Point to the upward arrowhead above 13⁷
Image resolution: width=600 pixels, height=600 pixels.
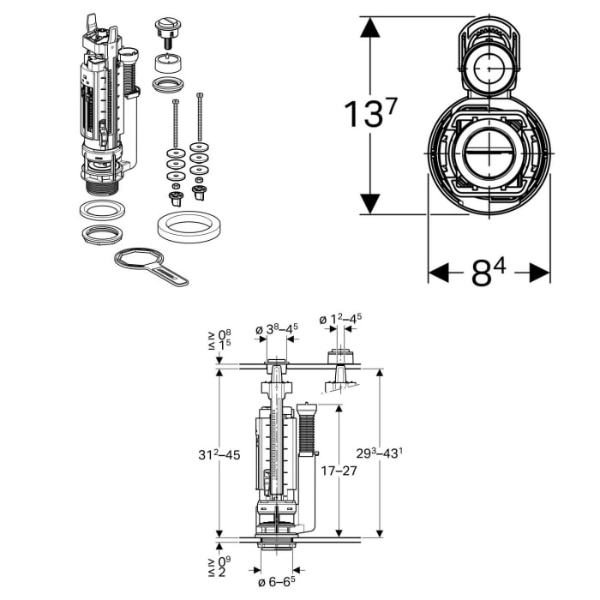pyautogui.click(x=369, y=27)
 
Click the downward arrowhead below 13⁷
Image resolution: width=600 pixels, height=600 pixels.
pyautogui.click(x=369, y=203)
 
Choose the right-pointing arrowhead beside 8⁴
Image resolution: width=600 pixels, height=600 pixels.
pyautogui.click(x=539, y=273)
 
